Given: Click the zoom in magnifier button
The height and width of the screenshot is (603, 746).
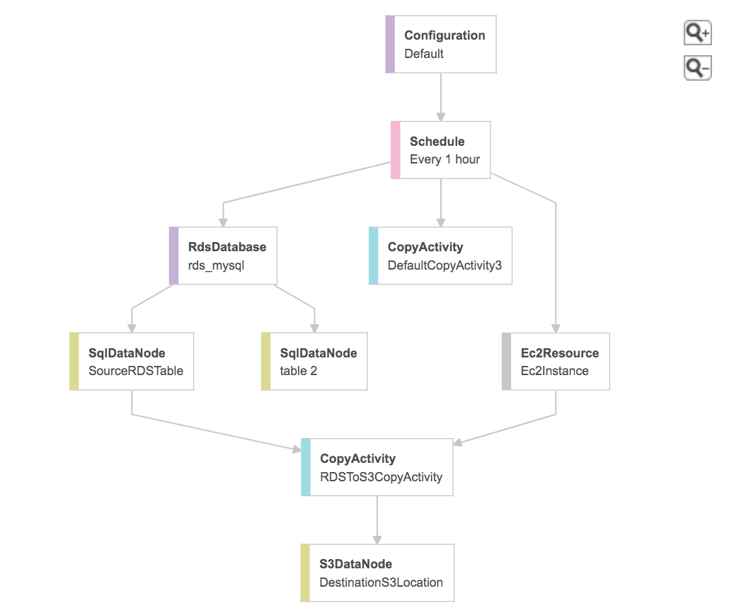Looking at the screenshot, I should tap(697, 33).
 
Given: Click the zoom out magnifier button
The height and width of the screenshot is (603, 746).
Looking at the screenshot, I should tap(697, 68).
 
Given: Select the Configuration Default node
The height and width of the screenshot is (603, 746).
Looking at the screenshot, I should tap(441, 44).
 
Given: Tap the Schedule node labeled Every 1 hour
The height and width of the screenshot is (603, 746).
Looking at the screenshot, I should tap(441, 150).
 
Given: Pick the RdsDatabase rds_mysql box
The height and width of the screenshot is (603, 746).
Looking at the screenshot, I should tap(223, 255).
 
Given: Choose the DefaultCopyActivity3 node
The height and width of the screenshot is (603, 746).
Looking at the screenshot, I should tap(440, 255).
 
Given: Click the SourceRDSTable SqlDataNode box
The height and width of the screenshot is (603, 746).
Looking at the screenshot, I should tap(132, 362).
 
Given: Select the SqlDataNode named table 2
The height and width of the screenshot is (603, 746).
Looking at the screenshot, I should tap(314, 362).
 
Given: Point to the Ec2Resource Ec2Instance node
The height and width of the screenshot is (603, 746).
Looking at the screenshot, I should tap(556, 362).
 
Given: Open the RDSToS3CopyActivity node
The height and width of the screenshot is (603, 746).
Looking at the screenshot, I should tap(377, 467).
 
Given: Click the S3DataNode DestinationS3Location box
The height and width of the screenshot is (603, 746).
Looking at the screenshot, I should tap(377, 573).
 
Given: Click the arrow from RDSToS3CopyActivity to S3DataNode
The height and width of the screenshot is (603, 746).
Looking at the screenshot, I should tap(377, 520).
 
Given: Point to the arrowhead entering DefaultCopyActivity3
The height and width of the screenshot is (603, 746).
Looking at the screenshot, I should tap(441, 222).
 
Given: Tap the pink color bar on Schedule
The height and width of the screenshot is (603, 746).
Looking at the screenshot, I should tap(396, 150).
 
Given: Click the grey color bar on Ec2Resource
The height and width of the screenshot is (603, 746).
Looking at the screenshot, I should tap(506, 362).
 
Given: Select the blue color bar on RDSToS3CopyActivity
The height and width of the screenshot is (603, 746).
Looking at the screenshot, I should tap(306, 467).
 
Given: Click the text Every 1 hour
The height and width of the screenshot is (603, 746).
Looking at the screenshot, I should tap(444, 159).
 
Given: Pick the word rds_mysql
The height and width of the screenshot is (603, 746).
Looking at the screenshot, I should tap(216, 265).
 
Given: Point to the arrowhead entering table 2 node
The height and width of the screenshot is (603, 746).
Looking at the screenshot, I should tap(314, 328).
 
